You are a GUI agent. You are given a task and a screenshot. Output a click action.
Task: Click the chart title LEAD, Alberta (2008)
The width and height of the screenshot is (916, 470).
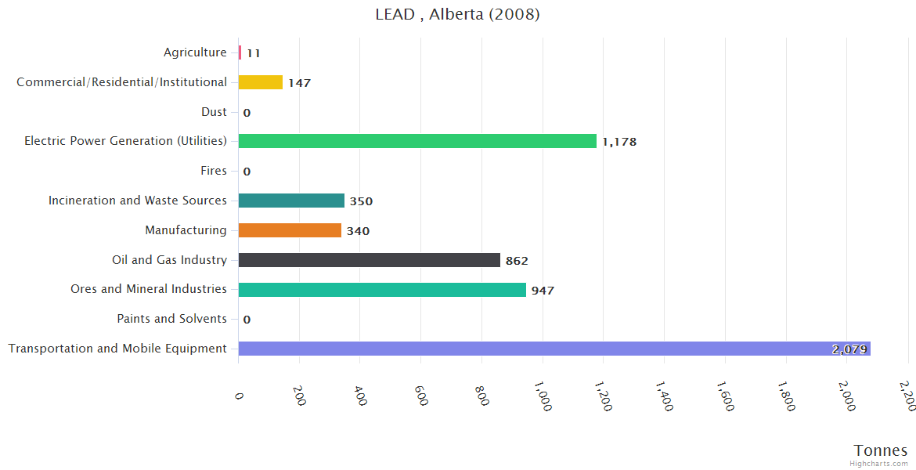(x=457, y=14)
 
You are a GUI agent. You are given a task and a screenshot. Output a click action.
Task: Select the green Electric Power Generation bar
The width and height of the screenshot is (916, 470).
(x=417, y=141)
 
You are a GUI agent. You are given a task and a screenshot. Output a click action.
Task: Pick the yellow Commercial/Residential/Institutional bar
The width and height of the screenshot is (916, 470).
(x=261, y=82)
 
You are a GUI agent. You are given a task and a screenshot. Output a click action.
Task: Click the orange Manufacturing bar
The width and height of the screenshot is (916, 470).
(x=290, y=230)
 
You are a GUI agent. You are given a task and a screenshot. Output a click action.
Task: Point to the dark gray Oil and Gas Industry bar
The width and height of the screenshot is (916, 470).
(x=369, y=260)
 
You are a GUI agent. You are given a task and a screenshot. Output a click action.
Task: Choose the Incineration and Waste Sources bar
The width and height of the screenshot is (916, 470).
(x=291, y=201)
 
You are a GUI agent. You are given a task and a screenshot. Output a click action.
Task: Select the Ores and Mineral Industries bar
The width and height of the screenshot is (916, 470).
(x=382, y=290)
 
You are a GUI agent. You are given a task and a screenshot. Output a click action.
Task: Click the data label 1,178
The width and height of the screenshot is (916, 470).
(x=619, y=142)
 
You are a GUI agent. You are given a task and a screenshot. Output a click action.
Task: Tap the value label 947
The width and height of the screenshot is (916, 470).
(x=543, y=291)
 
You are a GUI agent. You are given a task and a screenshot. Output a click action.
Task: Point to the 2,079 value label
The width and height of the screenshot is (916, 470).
(x=849, y=349)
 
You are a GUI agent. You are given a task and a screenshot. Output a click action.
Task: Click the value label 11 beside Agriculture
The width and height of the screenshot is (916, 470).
(x=253, y=53)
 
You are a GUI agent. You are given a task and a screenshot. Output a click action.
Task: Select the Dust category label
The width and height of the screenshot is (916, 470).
(x=214, y=112)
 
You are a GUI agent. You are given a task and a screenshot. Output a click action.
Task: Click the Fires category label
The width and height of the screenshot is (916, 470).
(x=214, y=171)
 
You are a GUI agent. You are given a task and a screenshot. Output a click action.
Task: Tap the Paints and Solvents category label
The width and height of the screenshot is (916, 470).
(x=171, y=319)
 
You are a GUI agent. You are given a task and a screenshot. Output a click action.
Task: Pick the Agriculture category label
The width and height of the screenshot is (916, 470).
(x=195, y=52)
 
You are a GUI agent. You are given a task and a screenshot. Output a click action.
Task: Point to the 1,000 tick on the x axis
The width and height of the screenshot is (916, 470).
(x=543, y=396)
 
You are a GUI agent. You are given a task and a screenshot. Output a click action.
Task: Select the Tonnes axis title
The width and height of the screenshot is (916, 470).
(x=881, y=450)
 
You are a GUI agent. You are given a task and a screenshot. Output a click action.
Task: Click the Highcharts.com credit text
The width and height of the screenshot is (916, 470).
(x=879, y=464)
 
